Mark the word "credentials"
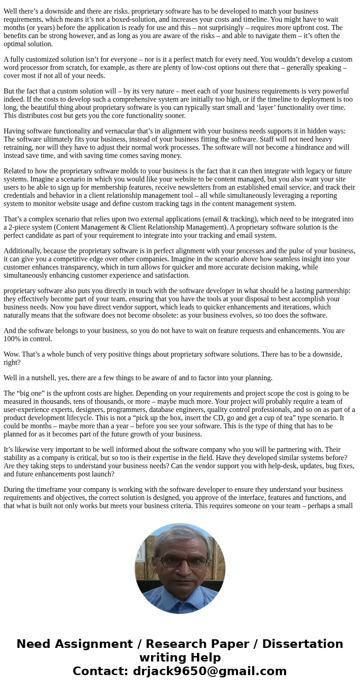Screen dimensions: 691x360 tap(21, 196)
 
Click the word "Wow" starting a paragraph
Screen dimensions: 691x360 tap(11, 354)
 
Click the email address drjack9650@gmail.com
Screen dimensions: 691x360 tap(209, 671)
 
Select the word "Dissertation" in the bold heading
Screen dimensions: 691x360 tap(302, 644)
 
